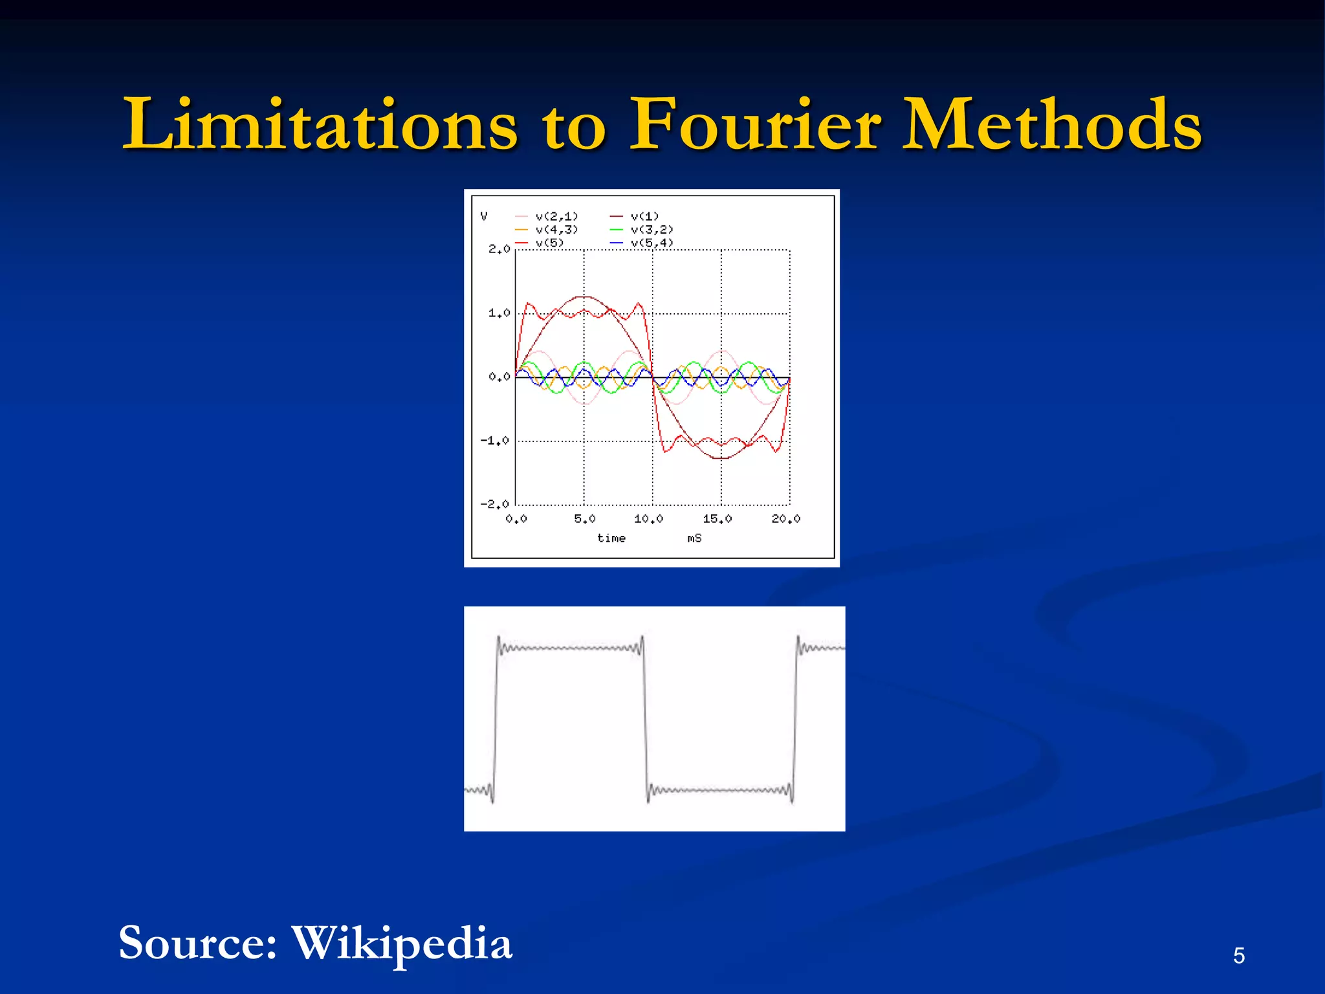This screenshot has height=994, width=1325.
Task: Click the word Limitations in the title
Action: click(x=320, y=124)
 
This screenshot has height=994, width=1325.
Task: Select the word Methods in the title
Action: click(x=1052, y=124)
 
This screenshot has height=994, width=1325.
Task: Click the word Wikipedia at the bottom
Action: click(x=402, y=943)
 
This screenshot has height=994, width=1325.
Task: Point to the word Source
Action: click(x=198, y=943)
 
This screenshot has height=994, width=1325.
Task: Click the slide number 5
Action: click(x=1238, y=955)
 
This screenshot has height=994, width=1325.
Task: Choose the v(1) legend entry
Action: click(x=644, y=216)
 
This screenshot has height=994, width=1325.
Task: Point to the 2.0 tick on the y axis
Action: click(x=499, y=249)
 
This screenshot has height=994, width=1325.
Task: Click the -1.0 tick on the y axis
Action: click(x=495, y=441)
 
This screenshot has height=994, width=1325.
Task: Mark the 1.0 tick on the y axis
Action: click(x=499, y=313)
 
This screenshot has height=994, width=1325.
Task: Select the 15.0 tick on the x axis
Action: click(x=717, y=519)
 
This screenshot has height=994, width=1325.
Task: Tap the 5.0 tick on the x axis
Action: click(x=584, y=519)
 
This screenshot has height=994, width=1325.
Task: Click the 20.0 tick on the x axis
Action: click(x=786, y=519)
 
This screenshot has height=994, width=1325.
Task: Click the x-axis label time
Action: click(x=611, y=538)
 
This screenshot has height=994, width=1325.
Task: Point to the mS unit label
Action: click(x=694, y=538)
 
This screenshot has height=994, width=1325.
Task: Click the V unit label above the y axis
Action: click(x=484, y=216)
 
